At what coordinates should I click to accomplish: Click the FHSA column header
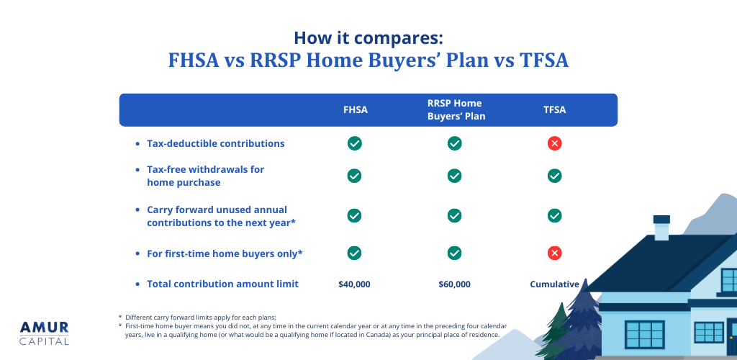point(355,110)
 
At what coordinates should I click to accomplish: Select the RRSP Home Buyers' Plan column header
point(455,110)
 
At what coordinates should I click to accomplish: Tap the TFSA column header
point(554,110)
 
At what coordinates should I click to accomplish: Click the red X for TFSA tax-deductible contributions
point(554,143)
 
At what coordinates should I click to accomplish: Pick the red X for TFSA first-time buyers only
point(554,253)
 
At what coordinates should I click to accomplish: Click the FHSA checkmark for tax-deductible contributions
point(355,143)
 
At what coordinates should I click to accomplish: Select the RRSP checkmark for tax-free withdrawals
point(455,176)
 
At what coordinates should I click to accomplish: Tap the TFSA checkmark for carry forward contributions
point(554,215)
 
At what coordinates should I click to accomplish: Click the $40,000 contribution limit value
point(354,284)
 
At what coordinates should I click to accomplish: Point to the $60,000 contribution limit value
point(454,284)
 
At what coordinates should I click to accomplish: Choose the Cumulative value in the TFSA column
point(554,284)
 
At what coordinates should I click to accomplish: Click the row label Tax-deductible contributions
point(215,143)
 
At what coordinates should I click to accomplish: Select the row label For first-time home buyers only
point(225,253)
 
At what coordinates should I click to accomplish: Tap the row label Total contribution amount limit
point(222,284)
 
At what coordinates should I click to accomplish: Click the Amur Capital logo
point(45,332)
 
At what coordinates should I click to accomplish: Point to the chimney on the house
point(661,228)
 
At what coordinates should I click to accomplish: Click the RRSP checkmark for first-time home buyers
point(455,253)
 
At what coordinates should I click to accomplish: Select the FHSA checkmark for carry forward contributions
point(355,215)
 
